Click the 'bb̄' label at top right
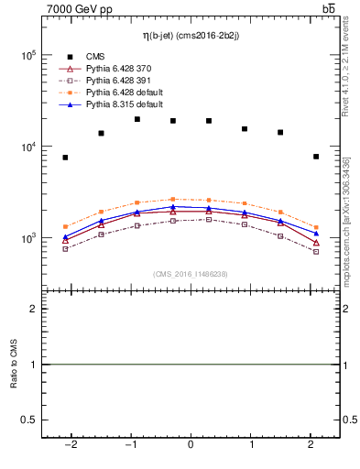click(x=328, y=9)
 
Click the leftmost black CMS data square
click(x=65, y=158)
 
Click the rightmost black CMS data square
click(x=315, y=157)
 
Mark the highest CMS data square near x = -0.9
click(x=136, y=119)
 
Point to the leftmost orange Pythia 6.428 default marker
click(x=65, y=226)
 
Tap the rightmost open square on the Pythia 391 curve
click(x=315, y=251)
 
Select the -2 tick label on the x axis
click(x=70, y=445)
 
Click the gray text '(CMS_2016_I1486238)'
click(x=190, y=274)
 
